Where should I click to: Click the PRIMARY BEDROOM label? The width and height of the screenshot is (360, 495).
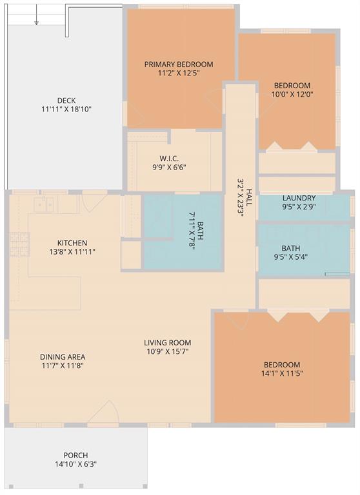pyautogui.click(x=179, y=64)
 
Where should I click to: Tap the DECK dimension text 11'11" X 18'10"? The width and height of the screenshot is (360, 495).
pyautogui.click(x=66, y=110)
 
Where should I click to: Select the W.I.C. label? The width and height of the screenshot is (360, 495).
pyautogui.click(x=169, y=159)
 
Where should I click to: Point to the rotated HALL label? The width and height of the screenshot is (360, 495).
pyautogui.click(x=250, y=197)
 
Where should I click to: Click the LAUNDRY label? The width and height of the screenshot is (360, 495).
pyautogui.click(x=299, y=199)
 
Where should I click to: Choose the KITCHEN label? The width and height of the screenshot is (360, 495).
pyautogui.click(x=72, y=243)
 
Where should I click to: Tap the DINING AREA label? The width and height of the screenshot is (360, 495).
pyautogui.click(x=63, y=357)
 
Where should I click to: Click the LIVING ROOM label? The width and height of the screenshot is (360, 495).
pyautogui.click(x=168, y=342)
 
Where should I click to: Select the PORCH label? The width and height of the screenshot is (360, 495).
pyautogui.click(x=76, y=455)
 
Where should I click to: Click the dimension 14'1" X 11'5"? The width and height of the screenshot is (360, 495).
pyautogui.click(x=282, y=373)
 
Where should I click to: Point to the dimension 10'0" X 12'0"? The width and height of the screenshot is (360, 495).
pyautogui.click(x=292, y=94)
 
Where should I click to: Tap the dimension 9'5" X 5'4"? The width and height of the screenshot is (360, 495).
pyautogui.click(x=291, y=257)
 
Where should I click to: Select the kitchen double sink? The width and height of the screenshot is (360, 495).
pyautogui.click(x=45, y=204)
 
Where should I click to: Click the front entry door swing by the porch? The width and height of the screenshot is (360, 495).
pyautogui.click(x=103, y=411)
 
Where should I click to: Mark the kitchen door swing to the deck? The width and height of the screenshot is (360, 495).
pyautogui.click(x=95, y=202)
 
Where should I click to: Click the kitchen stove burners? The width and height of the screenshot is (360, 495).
pyautogui.click(x=19, y=244)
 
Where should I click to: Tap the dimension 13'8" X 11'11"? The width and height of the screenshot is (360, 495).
pyautogui.click(x=72, y=252)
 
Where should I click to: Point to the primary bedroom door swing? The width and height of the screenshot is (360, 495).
pyautogui.click(x=214, y=101)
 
